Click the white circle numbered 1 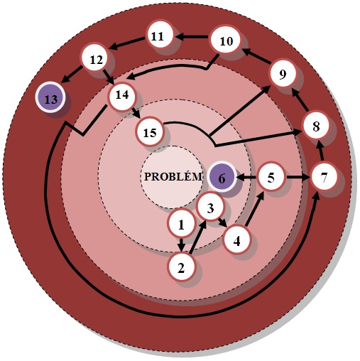(x=181, y=224)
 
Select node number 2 (x=181, y=267)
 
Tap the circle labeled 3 (x=210, y=208)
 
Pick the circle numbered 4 (x=236, y=240)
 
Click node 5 (x=271, y=177)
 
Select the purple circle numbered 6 (x=222, y=177)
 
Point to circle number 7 (x=324, y=177)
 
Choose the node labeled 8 (x=316, y=126)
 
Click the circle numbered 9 (x=283, y=74)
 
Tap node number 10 (x=225, y=40)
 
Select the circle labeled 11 (x=159, y=36)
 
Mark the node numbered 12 (x=95, y=58)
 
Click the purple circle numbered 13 (x=50, y=97)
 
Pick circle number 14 (x=122, y=96)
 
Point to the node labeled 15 (x=150, y=131)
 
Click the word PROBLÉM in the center (x=173, y=176)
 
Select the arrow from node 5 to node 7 (x=298, y=177)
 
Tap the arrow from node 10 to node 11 (x=193, y=37)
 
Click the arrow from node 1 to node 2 (x=181, y=244)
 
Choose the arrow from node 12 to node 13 (x=72, y=74)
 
